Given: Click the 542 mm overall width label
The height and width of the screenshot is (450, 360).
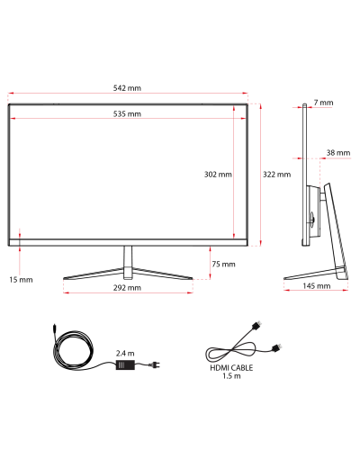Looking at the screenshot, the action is coord(127,88).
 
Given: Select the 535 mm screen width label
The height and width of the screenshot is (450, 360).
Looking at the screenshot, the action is coord(127,114).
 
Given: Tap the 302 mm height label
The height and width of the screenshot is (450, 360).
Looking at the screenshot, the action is coord(218,175).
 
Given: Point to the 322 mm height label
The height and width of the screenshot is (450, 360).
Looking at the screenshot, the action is coord(276,175).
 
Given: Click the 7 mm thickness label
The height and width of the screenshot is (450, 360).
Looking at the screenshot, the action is coord(323,103).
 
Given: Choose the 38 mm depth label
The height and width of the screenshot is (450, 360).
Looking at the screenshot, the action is coord(338,153).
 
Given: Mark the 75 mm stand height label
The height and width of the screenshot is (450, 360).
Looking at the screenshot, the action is coord(223,264).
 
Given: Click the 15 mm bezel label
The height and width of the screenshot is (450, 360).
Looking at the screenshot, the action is coord(21,280).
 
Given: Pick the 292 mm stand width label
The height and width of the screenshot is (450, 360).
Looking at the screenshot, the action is coord(127,288).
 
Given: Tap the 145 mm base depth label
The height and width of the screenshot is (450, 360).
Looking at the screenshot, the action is coord(316,286).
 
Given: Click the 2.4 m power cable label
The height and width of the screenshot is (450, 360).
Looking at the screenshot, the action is coord(125,354).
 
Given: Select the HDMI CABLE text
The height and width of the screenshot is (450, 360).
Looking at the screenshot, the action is coord(231,368).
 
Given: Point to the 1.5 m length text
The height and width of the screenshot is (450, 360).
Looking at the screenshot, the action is coord(231,376).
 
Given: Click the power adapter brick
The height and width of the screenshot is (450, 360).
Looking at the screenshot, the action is coord(125,364).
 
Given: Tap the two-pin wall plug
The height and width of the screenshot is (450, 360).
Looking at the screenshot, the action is coord(156,364).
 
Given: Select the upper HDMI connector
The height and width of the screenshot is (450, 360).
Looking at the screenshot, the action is coord(256,326).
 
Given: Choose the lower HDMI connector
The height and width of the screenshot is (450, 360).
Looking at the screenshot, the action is coord(276,348).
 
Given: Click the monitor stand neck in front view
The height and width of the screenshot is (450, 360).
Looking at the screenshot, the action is coord(128,263).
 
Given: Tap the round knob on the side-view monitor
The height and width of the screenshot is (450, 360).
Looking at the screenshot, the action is coord(312,218).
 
